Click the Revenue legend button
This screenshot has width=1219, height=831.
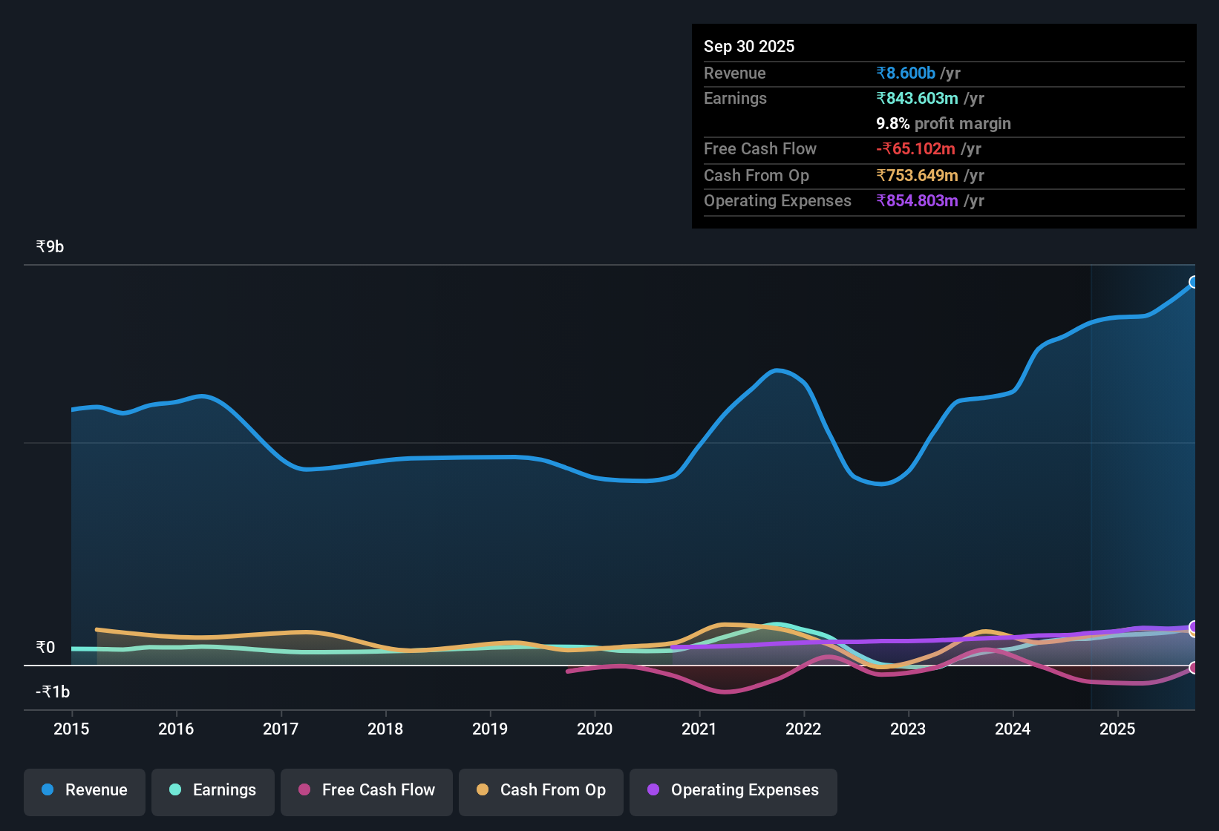pos(85,790)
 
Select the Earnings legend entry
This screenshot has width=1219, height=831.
pos(213,790)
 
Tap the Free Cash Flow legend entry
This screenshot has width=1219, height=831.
pos(367,790)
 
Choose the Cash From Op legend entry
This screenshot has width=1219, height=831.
pos(541,790)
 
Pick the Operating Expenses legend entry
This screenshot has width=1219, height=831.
pos(733,790)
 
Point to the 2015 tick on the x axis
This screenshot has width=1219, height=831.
pos(71,729)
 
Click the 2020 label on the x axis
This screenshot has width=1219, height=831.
pos(595,729)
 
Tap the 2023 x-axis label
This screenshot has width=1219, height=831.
pos(908,729)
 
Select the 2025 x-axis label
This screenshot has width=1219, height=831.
pos(1117,729)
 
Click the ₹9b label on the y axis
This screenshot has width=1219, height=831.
pos(50,246)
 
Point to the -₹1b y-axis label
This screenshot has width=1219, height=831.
pos(53,692)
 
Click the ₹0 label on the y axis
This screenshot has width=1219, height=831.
pos(45,647)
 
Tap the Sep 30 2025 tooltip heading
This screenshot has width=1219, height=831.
pos(749,46)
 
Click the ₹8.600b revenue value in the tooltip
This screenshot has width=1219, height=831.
pos(906,73)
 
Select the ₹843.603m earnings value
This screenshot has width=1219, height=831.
pos(917,98)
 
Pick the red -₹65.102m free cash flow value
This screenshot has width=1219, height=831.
pos(915,148)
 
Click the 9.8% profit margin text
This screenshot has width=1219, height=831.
pos(944,123)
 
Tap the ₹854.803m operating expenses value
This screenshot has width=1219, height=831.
pos(917,200)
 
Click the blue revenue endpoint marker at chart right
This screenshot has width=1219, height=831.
pos(1194,282)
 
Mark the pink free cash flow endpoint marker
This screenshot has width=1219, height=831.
pos(1194,668)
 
